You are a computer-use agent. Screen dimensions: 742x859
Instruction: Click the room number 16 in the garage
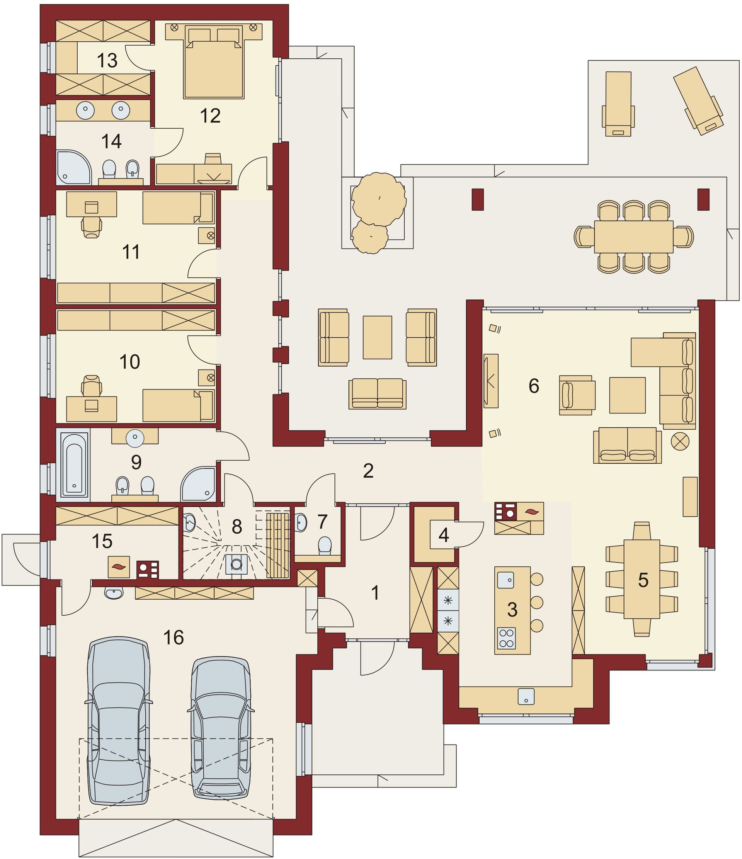pos(173,638)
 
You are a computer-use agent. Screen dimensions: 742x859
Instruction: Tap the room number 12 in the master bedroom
pos(210,116)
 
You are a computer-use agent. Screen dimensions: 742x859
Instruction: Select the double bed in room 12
pos(213,62)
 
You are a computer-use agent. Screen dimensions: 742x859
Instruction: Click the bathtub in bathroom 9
pos(75,464)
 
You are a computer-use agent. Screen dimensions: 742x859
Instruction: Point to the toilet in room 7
pos(325,546)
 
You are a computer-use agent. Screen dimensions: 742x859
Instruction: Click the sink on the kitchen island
pos(505,580)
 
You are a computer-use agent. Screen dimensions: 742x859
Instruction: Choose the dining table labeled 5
pos(642,580)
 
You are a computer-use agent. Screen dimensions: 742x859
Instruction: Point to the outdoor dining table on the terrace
pos(633,237)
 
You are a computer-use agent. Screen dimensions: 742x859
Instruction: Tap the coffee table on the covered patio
pos(377,337)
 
